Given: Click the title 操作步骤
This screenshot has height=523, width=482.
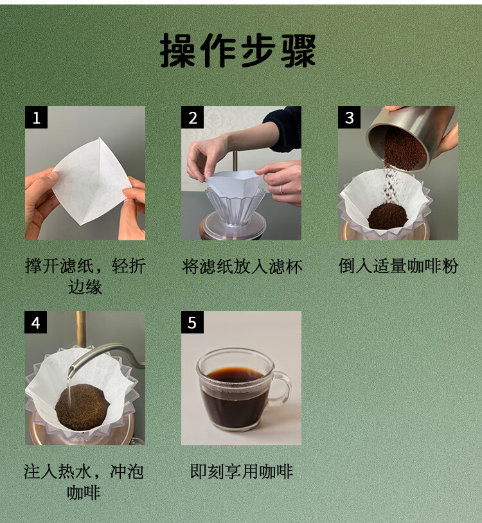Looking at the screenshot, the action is [x=238, y=50].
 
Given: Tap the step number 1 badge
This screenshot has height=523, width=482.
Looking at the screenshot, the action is [x=37, y=118].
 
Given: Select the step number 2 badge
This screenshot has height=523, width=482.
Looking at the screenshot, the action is [x=192, y=118].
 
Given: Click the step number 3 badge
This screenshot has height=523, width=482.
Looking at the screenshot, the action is [x=349, y=118].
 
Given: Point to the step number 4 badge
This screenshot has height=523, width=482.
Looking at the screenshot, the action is [x=36, y=322].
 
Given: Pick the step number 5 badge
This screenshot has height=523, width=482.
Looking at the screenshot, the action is [x=192, y=322].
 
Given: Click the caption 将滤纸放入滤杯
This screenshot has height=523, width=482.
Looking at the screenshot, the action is [x=242, y=267].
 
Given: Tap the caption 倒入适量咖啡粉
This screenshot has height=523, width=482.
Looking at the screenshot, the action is [x=398, y=266].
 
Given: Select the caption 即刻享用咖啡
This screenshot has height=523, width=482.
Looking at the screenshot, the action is [x=242, y=472].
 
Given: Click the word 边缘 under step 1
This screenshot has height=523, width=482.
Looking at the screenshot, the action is [x=85, y=287].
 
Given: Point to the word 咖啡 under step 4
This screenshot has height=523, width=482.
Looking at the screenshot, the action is [x=84, y=492].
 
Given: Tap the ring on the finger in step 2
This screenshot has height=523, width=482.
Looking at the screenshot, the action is [x=281, y=190].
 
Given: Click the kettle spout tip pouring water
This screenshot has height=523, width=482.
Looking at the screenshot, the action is [x=71, y=370].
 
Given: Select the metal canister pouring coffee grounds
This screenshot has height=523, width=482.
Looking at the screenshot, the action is [x=409, y=137].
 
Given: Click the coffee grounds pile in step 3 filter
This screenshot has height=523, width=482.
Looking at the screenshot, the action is [x=388, y=216].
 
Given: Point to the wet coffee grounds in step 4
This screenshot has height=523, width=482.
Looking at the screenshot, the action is [x=82, y=406].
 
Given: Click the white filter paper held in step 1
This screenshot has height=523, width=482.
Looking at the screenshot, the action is [x=91, y=181].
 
